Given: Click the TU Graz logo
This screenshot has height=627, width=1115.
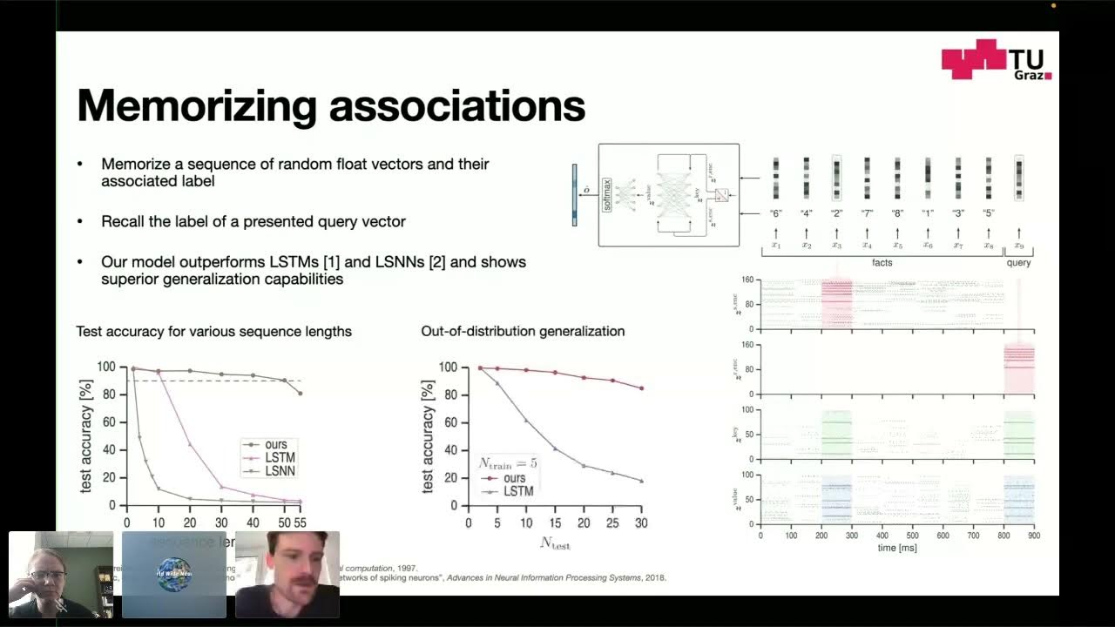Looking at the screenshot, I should (x=997, y=60).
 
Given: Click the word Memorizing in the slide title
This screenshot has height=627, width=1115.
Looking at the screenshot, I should (x=196, y=106).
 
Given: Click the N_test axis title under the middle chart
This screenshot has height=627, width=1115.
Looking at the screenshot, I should (x=555, y=543).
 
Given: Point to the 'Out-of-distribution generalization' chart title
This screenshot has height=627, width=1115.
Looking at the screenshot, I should (x=523, y=331).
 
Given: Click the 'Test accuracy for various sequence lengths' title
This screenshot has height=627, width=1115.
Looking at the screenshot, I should (x=213, y=331).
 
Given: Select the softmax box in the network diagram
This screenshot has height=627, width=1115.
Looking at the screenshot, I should (x=608, y=195).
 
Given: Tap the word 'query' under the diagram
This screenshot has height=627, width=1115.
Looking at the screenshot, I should (x=1018, y=262).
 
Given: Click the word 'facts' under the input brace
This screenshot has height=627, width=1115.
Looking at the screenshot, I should (x=882, y=262).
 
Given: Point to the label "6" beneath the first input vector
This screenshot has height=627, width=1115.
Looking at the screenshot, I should (x=776, y=213).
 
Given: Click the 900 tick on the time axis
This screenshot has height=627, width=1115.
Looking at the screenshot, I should (x=1034, y=536).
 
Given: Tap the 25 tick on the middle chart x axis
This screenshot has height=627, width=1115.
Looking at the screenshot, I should (x=612, y=522).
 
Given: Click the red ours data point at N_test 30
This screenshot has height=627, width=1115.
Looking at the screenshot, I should (x=642, y=388).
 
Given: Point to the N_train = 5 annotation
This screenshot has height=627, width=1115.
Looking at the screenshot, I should (x=508, y=463).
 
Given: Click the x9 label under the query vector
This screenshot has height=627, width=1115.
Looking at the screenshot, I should (x=1018, y=246).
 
